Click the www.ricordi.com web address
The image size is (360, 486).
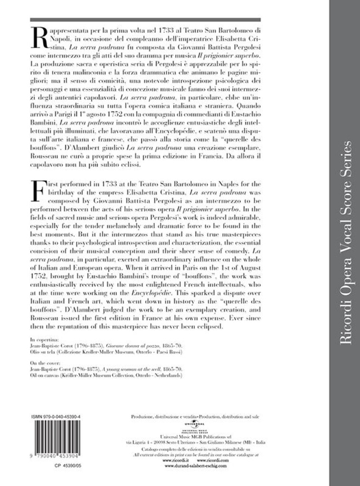(x=209, y=460)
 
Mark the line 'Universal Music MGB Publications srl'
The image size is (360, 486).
(x=195, y=436)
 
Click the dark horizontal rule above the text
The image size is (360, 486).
(x=145, y=20)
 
